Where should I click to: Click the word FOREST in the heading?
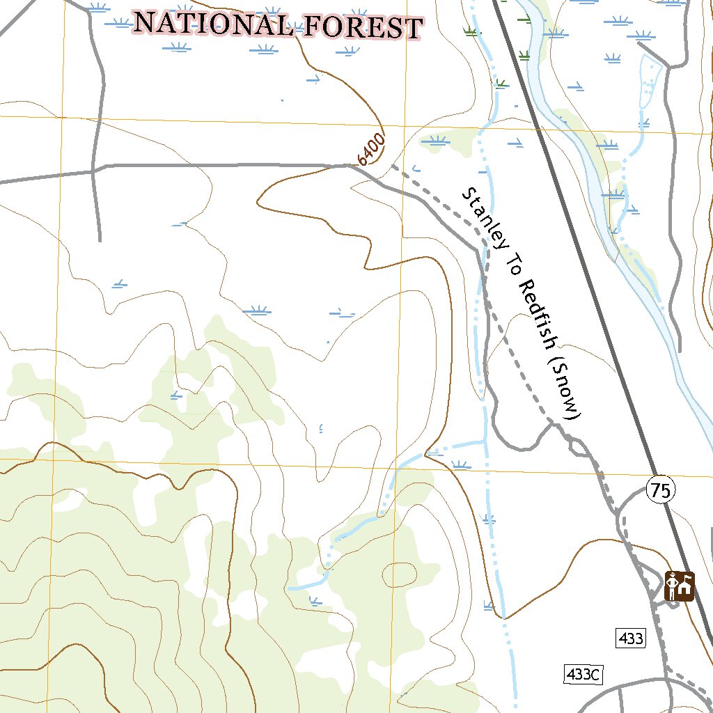tap(363, 27)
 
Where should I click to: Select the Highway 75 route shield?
tap(660, 490)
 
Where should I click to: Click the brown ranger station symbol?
tap(680, 586)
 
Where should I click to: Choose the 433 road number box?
tap(631, 637)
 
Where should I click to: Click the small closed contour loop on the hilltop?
tap(399, 574)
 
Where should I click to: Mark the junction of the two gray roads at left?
tap(94, 170)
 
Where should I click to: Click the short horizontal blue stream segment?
tap(460, 444)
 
